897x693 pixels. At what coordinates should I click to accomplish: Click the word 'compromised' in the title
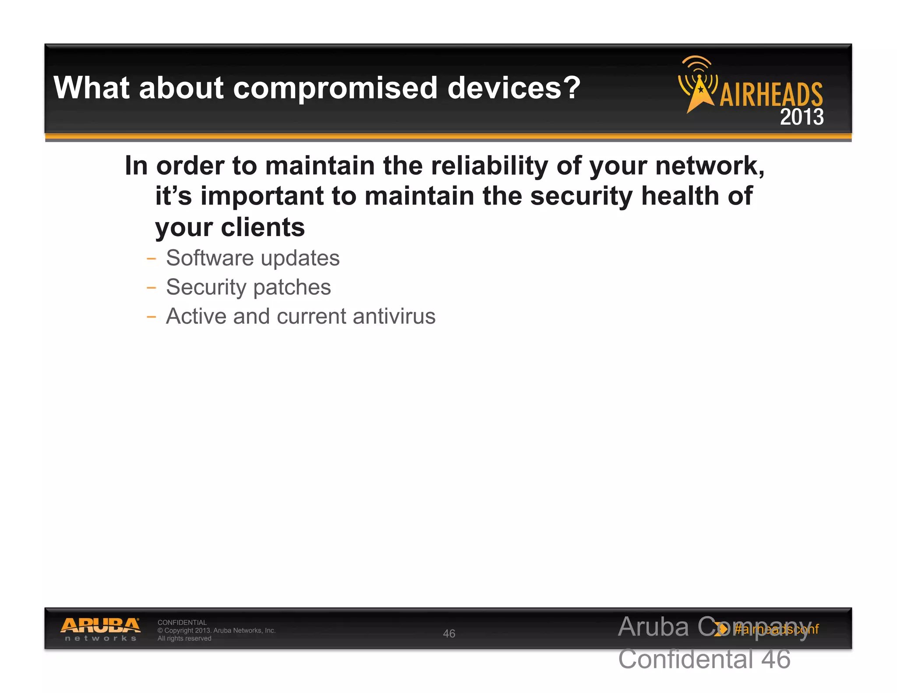coord(335,88)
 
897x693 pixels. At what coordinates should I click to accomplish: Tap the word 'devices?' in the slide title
coord(513,88)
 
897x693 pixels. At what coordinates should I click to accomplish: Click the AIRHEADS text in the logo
coord(771,94)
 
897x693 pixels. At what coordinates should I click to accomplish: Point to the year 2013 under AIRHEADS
coord(802,117)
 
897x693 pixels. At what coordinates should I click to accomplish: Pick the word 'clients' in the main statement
coord(263,227)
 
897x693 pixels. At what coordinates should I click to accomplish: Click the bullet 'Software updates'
coord(253,258)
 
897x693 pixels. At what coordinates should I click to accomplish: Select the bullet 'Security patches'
coord(248,287)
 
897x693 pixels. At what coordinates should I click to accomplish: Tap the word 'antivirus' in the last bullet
coord(394,316)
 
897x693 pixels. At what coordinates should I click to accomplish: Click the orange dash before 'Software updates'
coord(151,258)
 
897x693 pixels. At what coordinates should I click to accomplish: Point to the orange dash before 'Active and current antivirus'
coord(151,317)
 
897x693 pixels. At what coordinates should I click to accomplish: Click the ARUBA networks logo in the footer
coord(100,629)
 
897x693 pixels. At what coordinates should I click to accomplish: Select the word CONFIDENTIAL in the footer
coord(182,622)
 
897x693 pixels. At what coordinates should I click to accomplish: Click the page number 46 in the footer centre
coord(449,633)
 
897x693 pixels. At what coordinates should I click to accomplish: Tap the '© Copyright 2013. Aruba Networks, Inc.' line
coord(216,630)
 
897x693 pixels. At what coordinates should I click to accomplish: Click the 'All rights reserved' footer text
coord(184,638)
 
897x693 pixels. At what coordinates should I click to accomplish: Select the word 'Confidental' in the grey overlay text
coord(685,659)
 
